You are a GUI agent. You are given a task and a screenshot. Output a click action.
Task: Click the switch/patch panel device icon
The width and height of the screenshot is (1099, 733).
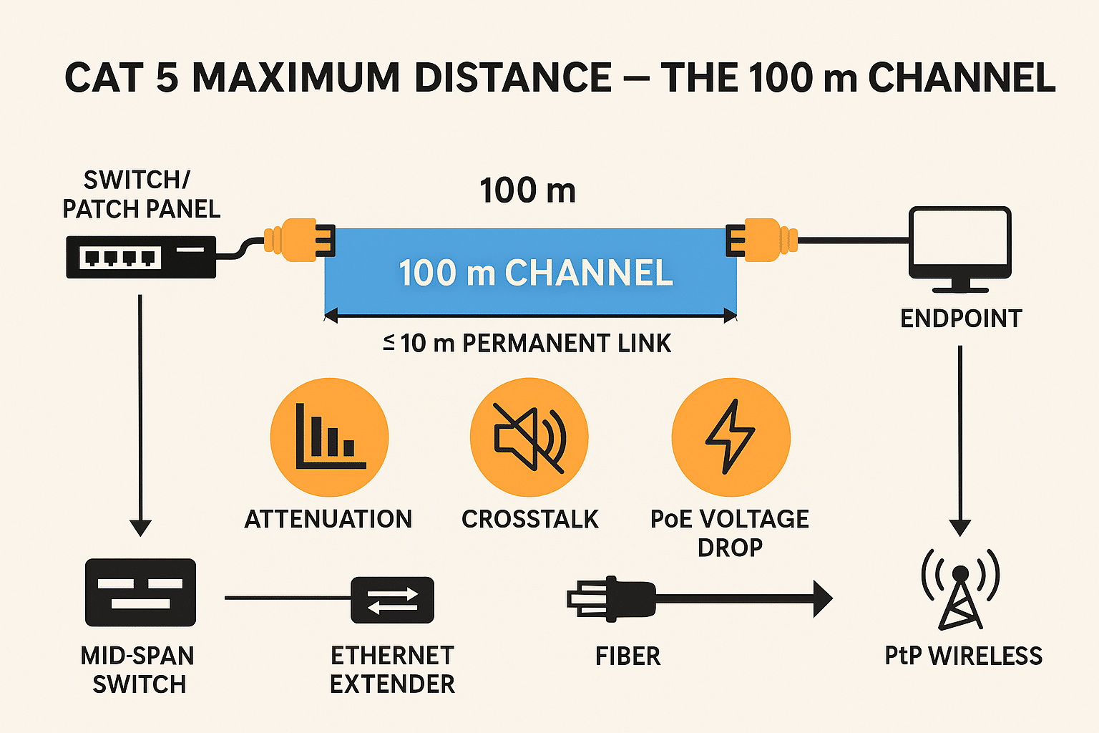141,257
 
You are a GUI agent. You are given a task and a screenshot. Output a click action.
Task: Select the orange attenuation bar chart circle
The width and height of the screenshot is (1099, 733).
329,437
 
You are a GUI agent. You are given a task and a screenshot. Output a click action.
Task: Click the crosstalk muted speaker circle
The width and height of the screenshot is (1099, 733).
529,437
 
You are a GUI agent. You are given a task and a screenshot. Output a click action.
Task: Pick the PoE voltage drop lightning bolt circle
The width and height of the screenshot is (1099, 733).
731,437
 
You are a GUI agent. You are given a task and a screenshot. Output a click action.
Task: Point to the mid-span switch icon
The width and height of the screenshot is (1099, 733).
140,593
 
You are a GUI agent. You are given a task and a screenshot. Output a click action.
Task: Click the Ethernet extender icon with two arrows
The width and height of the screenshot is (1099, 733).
392,600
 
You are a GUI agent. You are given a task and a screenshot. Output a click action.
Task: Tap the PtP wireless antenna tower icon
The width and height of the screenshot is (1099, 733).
960,588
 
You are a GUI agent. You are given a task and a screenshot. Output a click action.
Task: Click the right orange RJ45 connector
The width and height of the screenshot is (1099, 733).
762,240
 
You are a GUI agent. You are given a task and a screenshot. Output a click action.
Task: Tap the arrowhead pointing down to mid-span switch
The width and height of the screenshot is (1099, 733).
140,527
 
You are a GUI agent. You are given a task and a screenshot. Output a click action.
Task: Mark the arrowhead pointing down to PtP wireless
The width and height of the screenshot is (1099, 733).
959,527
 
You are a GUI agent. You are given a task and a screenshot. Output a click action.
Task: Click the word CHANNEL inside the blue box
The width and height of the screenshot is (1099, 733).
588,273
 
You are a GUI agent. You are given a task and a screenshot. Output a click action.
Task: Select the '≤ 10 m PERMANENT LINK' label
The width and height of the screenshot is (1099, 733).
527,344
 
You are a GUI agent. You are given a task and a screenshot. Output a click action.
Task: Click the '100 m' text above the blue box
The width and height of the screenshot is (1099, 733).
527,191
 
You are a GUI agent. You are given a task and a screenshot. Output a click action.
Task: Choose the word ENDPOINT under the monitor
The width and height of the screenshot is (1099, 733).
960,319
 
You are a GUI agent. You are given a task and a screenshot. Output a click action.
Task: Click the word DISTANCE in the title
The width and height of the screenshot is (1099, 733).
512,78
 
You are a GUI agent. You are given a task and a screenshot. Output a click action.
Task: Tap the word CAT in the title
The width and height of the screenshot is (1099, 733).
104,78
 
